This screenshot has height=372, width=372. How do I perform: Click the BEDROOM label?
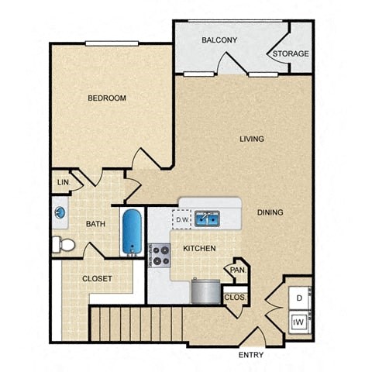106,98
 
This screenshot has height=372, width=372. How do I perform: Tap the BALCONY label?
219,40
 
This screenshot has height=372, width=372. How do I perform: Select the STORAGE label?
290,53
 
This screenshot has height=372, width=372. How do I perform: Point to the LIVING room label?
251,139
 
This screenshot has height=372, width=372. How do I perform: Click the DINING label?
270,212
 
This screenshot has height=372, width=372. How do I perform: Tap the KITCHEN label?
199,249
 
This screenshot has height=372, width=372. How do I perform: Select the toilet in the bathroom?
64,246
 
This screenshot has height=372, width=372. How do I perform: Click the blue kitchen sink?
206,219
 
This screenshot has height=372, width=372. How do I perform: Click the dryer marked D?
298,297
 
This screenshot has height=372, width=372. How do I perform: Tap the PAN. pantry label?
236,271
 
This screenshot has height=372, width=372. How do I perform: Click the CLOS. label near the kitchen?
235,297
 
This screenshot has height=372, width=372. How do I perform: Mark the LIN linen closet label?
62,183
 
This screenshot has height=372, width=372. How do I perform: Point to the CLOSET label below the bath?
97,278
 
